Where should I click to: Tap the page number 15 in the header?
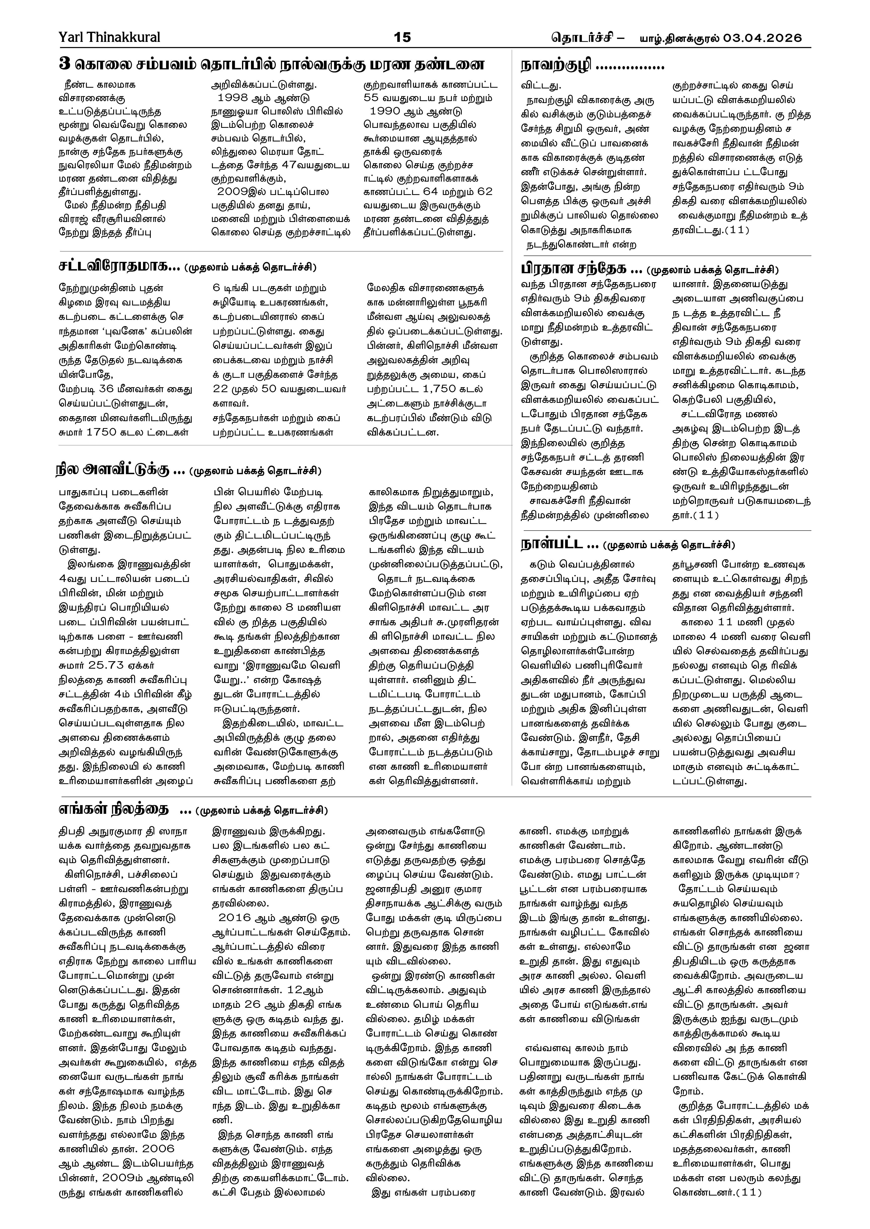tap(402, 37)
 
